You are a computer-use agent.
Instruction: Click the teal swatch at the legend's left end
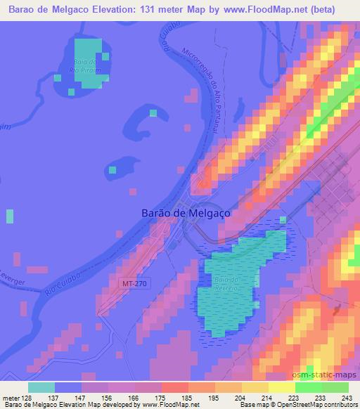pyautogui.click(x=41, y=387)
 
